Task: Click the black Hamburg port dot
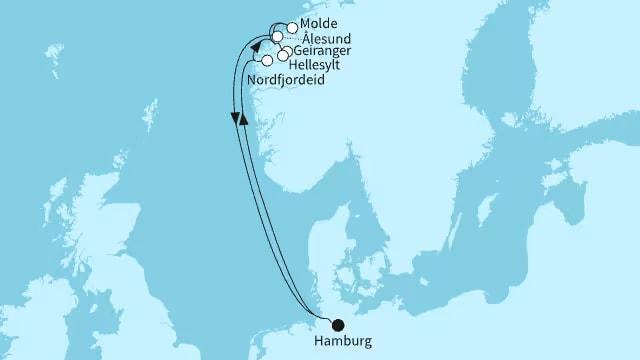pos(337,324)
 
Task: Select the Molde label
pos(319,23)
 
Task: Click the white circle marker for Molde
pos(292,29)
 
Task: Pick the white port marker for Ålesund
pos(277,37)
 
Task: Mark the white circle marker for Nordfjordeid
pos(267,61)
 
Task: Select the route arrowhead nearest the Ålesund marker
pos(257,48)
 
